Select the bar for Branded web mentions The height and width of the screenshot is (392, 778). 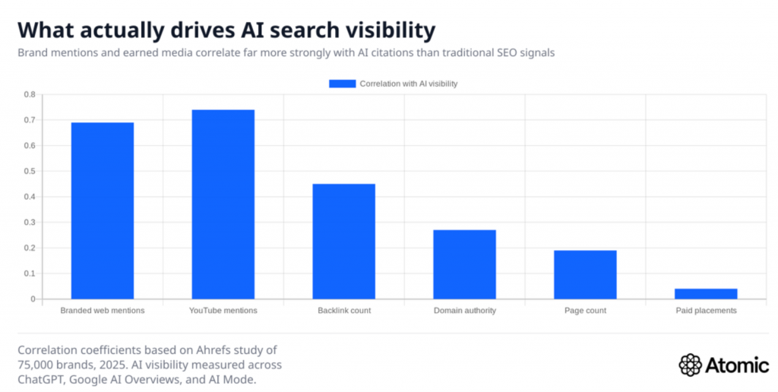click(103, 210)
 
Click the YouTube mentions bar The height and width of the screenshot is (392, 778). click(223, 204)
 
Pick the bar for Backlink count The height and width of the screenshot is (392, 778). click(343, 241)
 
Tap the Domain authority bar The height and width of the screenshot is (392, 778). click(464, 264)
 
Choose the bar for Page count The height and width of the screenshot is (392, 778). click(585, 274)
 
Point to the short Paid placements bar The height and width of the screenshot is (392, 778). click(706, 293)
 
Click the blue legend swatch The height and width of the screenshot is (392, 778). click(342, 84)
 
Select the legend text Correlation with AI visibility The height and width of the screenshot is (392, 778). click(408, 84)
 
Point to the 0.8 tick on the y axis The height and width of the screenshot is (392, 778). click(30, 94)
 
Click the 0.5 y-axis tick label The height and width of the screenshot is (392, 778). click(30, 171)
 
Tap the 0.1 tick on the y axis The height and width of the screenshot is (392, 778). click(30, 273)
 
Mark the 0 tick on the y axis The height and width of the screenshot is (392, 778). click(33, 299)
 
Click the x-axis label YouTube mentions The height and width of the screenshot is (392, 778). click(223, 311)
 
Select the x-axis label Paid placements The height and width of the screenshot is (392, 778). click(706, 311)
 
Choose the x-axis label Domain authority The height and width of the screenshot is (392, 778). click(464, 311)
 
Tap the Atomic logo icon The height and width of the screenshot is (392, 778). click(690, 364)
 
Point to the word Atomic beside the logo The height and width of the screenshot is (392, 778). click(737, 365)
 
